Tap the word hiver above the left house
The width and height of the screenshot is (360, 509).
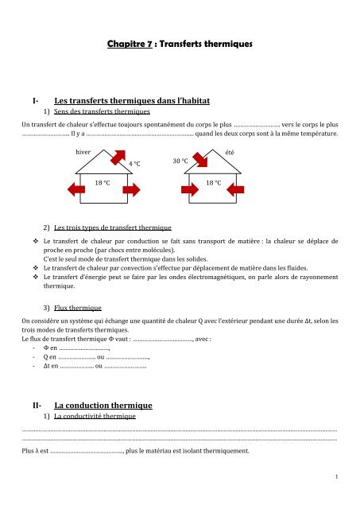point(83,151)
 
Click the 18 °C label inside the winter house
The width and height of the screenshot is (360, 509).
point(103,182)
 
